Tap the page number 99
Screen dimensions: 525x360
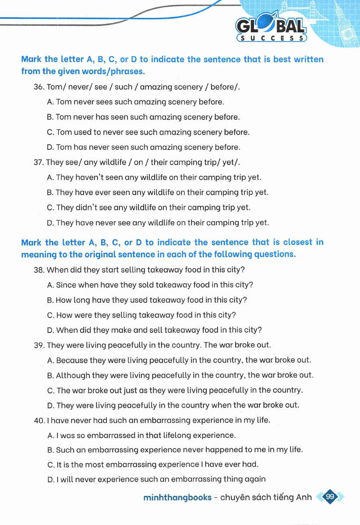pyautogui.click(x=330, y=497)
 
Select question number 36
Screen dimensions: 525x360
pyautogui.click(x=39, y=87)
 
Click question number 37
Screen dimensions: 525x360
pyautogui.click(x=39, y=163)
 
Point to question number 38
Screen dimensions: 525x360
pyautogui.click(x=39, y=270)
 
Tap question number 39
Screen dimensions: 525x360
pyautogui.click(x=39, y=345)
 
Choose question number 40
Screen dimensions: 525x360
pyautogui.click(x=39, y=421)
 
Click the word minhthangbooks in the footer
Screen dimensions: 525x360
pyautogui.click(x=177, y=497)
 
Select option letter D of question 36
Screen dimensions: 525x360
pyautogui.click(x=50, y=147)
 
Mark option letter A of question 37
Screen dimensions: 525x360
pyautogui.click(x=50, y=177)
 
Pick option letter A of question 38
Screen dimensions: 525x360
pyautogui.click(x=50, y=285)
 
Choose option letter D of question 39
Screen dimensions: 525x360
pyautogui.click(x=50, y=405)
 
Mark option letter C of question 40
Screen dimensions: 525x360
pyautogui.click(x=50, y=465)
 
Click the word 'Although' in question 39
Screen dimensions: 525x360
pyautogui.click(x=72, y=376)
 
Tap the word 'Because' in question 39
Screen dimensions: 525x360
pyautogui.click(x=72, y=360)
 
